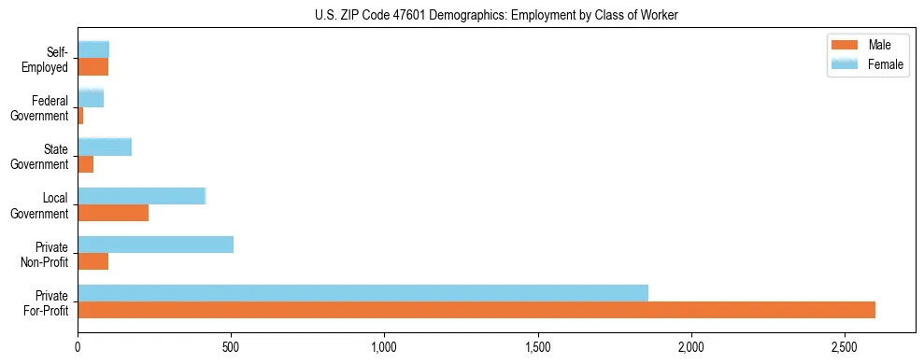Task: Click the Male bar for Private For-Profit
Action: (476, 310)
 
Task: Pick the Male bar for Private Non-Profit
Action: (93, 261)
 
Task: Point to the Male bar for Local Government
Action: (113, 213)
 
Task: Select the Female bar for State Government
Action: (105, 147)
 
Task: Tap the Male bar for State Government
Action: (86, 164)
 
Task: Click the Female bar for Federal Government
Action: (91, 98)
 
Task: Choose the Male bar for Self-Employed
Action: (93, 67)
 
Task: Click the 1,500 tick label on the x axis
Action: (537, 346)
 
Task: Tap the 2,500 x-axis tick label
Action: (844, 346)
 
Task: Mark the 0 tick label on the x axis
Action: (78, 346)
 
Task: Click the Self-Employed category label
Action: (48, 59)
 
